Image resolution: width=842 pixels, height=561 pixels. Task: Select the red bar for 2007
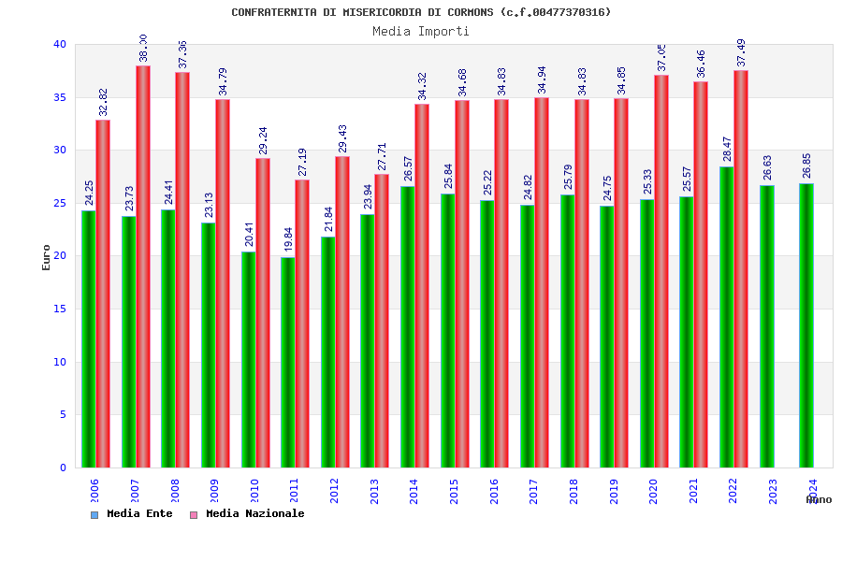point(143,266)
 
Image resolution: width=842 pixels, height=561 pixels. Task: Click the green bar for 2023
point(767,326)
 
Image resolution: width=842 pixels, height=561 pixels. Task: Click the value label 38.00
point(143,48)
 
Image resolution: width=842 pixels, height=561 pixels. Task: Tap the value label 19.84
point(288,238)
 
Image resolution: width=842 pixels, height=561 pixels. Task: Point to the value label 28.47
point(727,149)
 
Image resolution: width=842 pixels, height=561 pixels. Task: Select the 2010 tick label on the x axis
point(254,491)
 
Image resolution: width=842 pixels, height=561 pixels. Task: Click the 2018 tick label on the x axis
point(573,491)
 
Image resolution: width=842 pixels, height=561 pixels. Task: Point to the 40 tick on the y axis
point(60,44)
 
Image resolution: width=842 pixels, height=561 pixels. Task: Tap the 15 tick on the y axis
point(60,309)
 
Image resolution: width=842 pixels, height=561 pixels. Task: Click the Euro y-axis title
point(47,257)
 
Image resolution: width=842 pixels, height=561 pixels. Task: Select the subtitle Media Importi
point(421,31)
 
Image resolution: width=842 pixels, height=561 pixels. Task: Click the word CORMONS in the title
point(471,12)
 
